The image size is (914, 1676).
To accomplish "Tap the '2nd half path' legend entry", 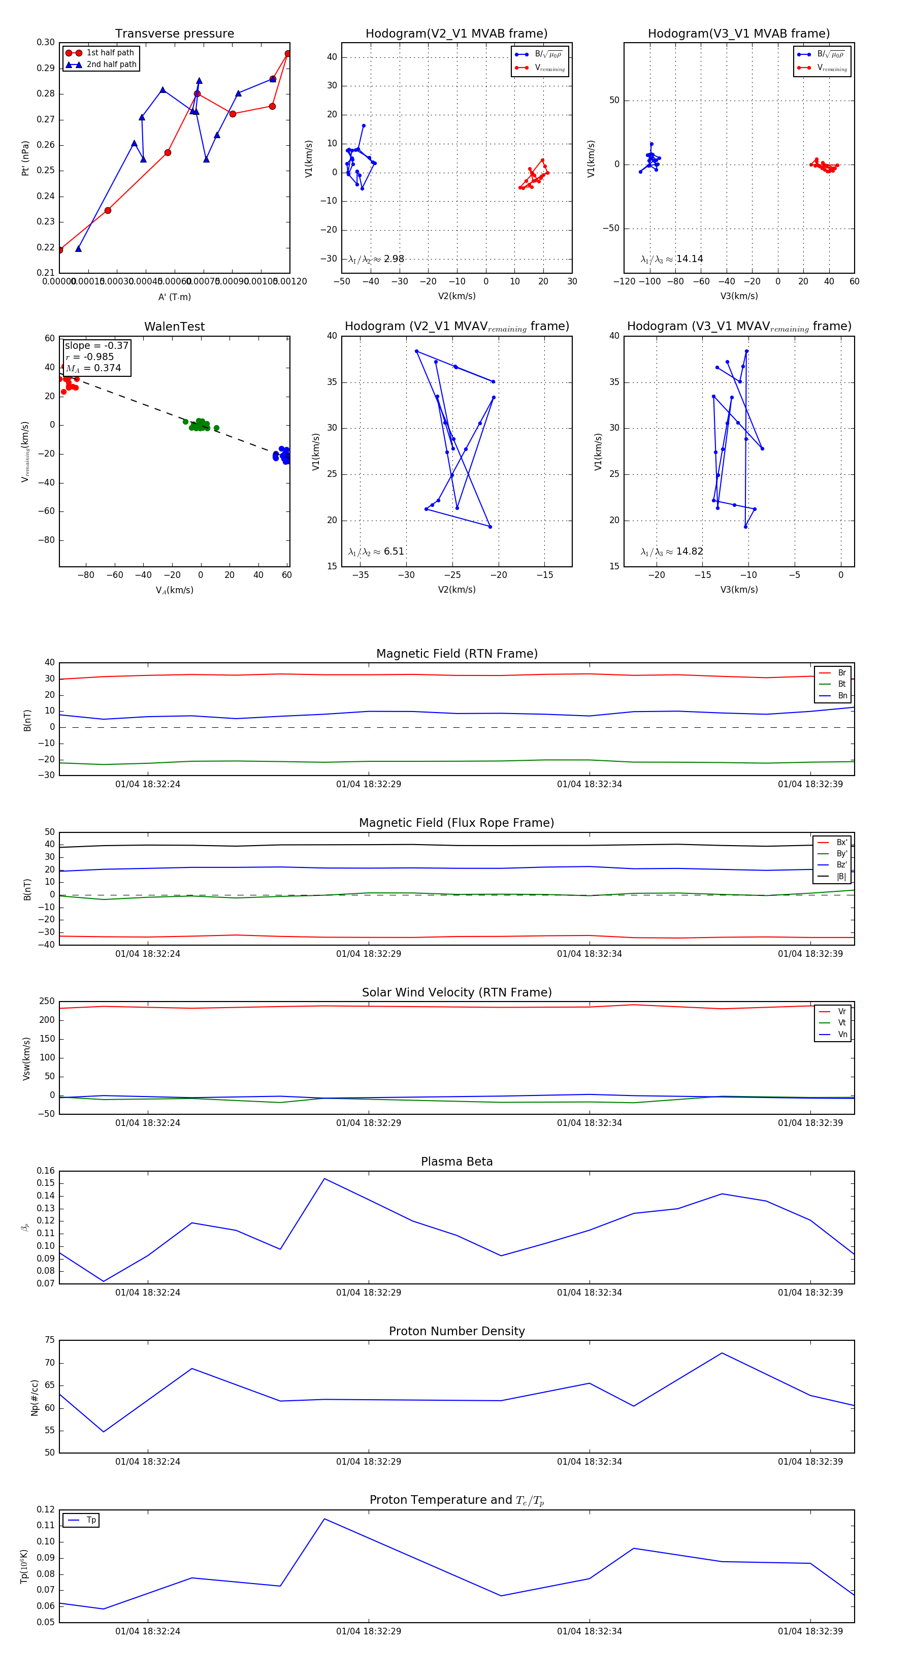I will (x=111, y=65).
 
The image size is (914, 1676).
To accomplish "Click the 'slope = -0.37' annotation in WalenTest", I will (x=96, y=345).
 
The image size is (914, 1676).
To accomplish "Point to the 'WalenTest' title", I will (x=174, y=327).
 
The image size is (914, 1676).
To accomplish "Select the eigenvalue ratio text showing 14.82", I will (x=671, y=552).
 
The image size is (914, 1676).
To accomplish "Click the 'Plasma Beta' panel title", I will (x=456, y=1162).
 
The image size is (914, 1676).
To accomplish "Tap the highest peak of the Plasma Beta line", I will (x=324, y=1178).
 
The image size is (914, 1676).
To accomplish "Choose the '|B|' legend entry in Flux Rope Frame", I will (x=840, y=877).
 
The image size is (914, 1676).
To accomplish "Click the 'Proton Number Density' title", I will (x=456, y=1331).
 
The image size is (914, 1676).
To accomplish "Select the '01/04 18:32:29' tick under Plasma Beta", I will (x=368, y=1292).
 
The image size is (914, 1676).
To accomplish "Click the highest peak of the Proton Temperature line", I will (x=324, y=1519).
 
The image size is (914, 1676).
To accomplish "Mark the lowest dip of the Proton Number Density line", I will (x=104, y=1431).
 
